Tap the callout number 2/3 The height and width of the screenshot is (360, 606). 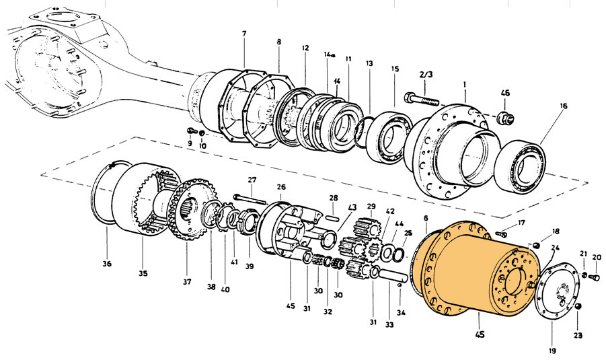(x=426, y=74)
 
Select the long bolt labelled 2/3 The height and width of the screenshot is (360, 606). (x=422, y=100)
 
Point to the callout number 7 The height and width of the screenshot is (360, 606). (x=243, y=34)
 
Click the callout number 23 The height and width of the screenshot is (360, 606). (x=578, y=334)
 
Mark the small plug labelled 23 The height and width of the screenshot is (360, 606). (x=576, y=308)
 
